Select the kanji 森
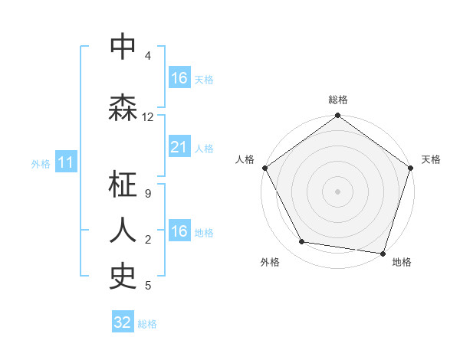coord(123,108)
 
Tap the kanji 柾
coord(123,185)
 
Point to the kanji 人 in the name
coord(123,229)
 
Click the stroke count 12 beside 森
coord(148,117)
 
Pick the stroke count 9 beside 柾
coord(148,193)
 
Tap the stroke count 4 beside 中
coord(148,56)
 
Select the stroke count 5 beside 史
coord(148,286)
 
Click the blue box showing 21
coord(179,147)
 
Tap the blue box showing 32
coord(123,322)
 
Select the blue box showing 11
coord(66,162)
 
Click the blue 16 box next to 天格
coord(179,77)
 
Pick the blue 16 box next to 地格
coord(179,231)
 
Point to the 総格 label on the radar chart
coord(337,100)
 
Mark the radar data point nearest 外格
coord(302,242)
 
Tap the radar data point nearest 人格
coord(265,168)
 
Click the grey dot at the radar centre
coord(337,191)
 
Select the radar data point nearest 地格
coord(383,253)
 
